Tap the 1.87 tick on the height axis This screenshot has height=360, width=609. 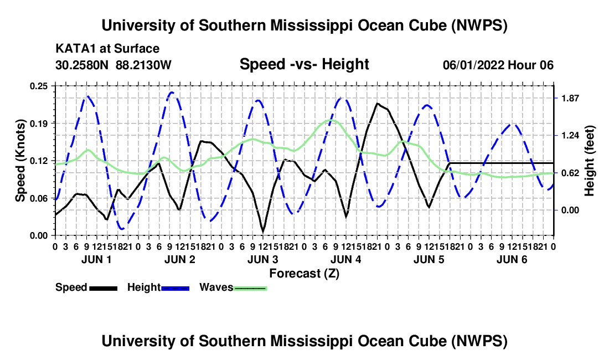(570, 98)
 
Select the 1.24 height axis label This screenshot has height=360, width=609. (570, 136)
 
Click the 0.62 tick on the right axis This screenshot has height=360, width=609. (570, 173)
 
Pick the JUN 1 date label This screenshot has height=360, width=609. (96, 259)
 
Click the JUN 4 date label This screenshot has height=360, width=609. (345, 259)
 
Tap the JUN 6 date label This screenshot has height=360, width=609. (512, 259)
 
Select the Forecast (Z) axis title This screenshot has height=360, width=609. (304, 274)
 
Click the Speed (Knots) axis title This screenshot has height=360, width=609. (20, 161)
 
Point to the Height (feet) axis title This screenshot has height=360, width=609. (589, 161)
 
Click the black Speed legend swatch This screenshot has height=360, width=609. (104, 288)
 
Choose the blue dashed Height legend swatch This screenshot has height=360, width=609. (175, 288)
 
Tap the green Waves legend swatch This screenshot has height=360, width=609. (250, 288)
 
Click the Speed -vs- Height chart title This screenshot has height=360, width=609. (304, 64)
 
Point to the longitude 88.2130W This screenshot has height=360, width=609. (143, 65)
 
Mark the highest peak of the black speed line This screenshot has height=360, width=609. (376, 104)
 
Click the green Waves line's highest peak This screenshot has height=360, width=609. (333, 120)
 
